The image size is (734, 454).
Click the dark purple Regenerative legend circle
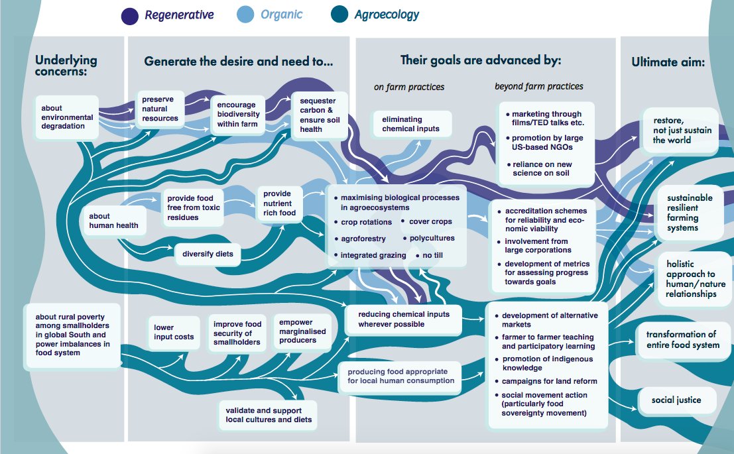131,14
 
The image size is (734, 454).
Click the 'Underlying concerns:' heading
66,65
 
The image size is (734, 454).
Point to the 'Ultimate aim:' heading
668,62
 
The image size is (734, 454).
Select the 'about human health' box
109,220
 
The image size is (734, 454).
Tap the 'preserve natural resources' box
160,109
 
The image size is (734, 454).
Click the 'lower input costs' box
174,332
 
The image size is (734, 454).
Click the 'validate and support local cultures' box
267,415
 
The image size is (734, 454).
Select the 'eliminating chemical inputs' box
410,124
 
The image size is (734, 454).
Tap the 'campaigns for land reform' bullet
549,381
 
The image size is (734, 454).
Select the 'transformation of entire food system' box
681,339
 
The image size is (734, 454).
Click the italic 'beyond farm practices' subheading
538,86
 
